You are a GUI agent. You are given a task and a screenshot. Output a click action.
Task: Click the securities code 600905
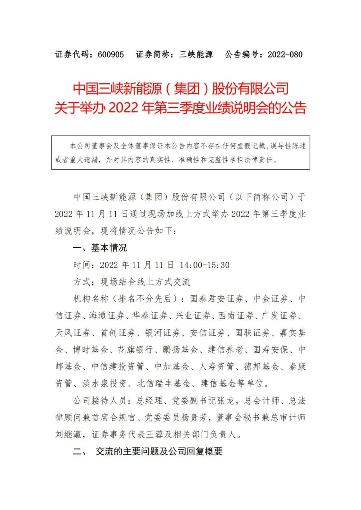pyautogui.click(x=111, y=54)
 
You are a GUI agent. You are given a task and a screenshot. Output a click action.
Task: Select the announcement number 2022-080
pyautogui.click(x=285, y=54)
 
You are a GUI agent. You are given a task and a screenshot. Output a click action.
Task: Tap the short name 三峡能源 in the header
pyautogui.click(x=196, y=54)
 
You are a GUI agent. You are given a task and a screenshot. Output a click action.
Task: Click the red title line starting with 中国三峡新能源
pyautogui.click(x=180, y=89)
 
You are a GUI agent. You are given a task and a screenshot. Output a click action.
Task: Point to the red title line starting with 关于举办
pyautogui.click(x=180, y=108)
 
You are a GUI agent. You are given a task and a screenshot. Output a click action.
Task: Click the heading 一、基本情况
pyautogui.click(x=100, y=248)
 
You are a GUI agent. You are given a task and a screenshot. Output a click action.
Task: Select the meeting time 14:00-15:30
pyautogui.click(x=205, y=265)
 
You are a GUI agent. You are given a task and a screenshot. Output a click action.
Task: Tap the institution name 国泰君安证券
pyautogui.click(x=217, y=299)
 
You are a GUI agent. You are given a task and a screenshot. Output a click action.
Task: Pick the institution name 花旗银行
pyautogui.click(x=135, y=350)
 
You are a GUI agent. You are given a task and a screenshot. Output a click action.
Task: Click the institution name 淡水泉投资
pyautogui.click(x=105, y=383)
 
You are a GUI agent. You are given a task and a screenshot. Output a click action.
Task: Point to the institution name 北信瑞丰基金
pyautogui.click(x=164, y=383)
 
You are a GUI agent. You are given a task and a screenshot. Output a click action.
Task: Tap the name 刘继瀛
pyautogui.click(x=68, y=435)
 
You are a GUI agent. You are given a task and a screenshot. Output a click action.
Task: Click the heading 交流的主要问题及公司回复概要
pyautogui.click(x=159, y=452)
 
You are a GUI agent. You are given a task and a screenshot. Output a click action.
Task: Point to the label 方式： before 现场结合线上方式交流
pyautogui.click(x=82, y=282)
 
